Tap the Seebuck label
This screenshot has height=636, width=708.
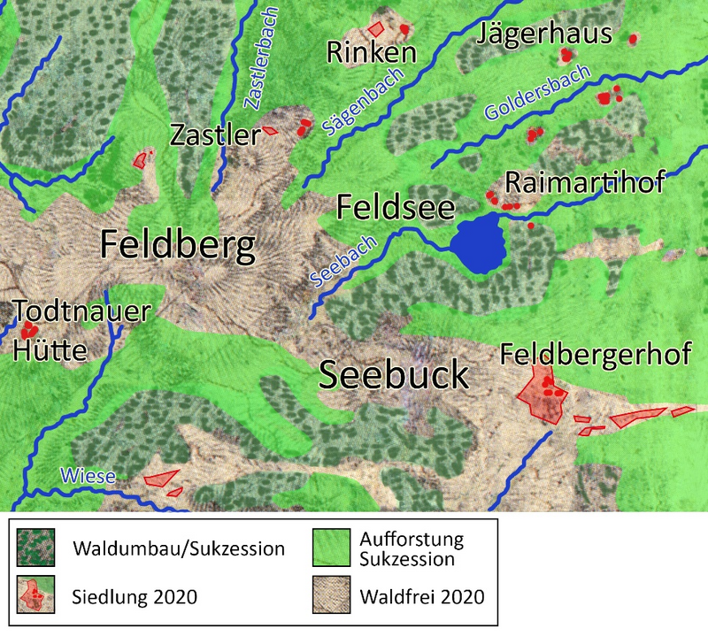click(x=393, y=375)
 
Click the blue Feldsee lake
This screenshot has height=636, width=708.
click(x=478, y=243)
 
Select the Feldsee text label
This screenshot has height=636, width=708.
click(x=396, y=209)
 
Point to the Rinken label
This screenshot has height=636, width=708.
click(x=371, y=53)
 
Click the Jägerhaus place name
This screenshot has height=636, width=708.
click(x=544, y=35)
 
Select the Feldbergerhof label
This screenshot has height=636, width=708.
click(x=595, y=355)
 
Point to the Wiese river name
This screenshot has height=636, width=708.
click(x=88, y=477)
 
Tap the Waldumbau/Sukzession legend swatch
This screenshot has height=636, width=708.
click(x=36, y=548)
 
